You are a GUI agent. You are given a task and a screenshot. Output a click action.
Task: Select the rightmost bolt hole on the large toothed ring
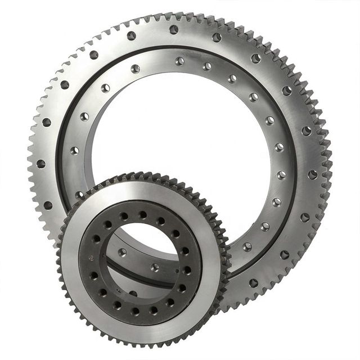click(313, 174)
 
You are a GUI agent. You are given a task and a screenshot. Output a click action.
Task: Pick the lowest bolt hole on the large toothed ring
click(253, 283)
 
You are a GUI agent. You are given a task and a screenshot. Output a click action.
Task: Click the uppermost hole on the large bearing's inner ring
click(179, 61)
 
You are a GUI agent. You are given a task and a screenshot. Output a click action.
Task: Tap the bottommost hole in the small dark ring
click(135, 311)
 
